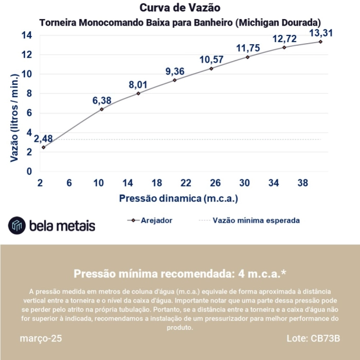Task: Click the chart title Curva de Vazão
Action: [180, 8]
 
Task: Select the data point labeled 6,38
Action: [102, 109]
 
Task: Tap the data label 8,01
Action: [138, 84]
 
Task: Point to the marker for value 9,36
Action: [175, 80]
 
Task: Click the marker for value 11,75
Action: [247, 57]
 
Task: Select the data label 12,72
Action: [284, 39]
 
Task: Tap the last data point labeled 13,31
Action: [320, 41]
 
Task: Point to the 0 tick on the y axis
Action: [29, 171]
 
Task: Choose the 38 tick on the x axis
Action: [303, 183]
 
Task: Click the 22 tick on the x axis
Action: [186, 183]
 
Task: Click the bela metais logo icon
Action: [17, 225]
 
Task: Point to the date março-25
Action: [41, 339]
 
